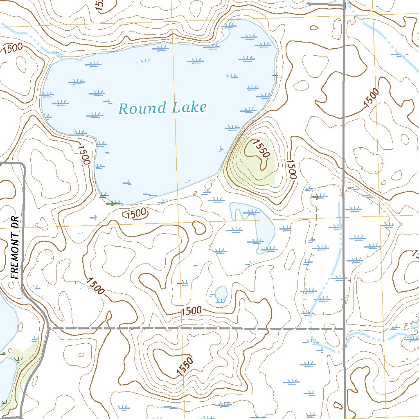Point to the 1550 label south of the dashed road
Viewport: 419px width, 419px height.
185,367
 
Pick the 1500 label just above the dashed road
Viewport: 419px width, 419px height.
191,311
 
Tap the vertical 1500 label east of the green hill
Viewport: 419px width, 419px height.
291,169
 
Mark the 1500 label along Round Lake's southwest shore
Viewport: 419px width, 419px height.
83,153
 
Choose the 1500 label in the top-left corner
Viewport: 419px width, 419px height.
12,48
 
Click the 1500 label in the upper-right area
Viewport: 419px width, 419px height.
371,98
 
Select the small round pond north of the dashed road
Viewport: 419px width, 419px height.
221,293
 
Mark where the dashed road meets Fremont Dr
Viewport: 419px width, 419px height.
48,328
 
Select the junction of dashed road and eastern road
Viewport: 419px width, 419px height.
344,328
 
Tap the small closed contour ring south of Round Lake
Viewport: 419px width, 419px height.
199,227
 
